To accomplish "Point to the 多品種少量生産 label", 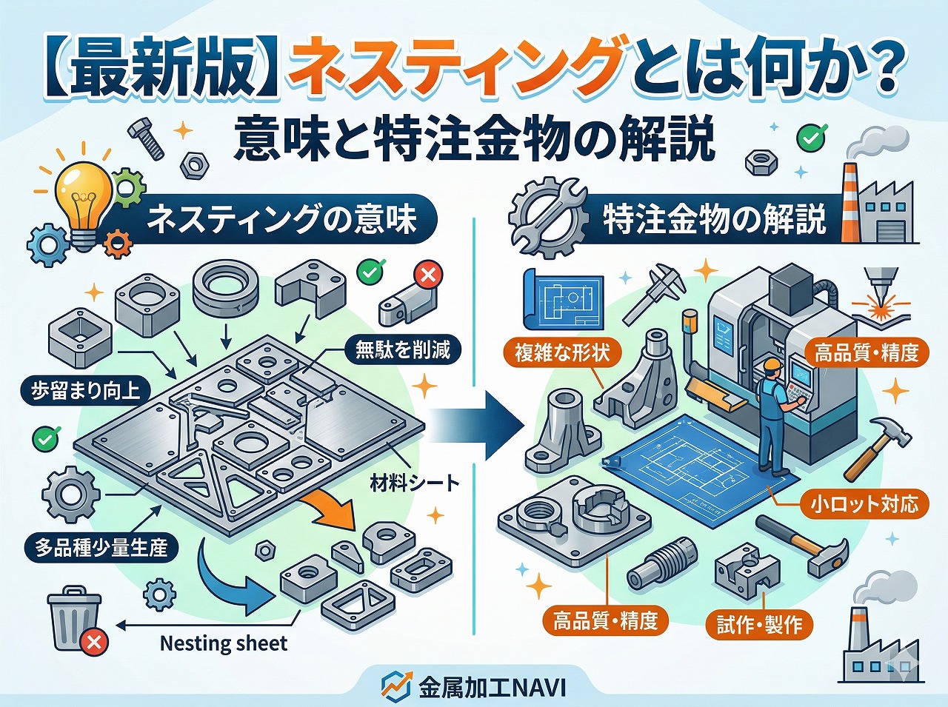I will (101, 548).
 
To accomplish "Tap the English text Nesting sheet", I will (223, 643).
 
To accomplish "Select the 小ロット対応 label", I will (864, 505).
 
